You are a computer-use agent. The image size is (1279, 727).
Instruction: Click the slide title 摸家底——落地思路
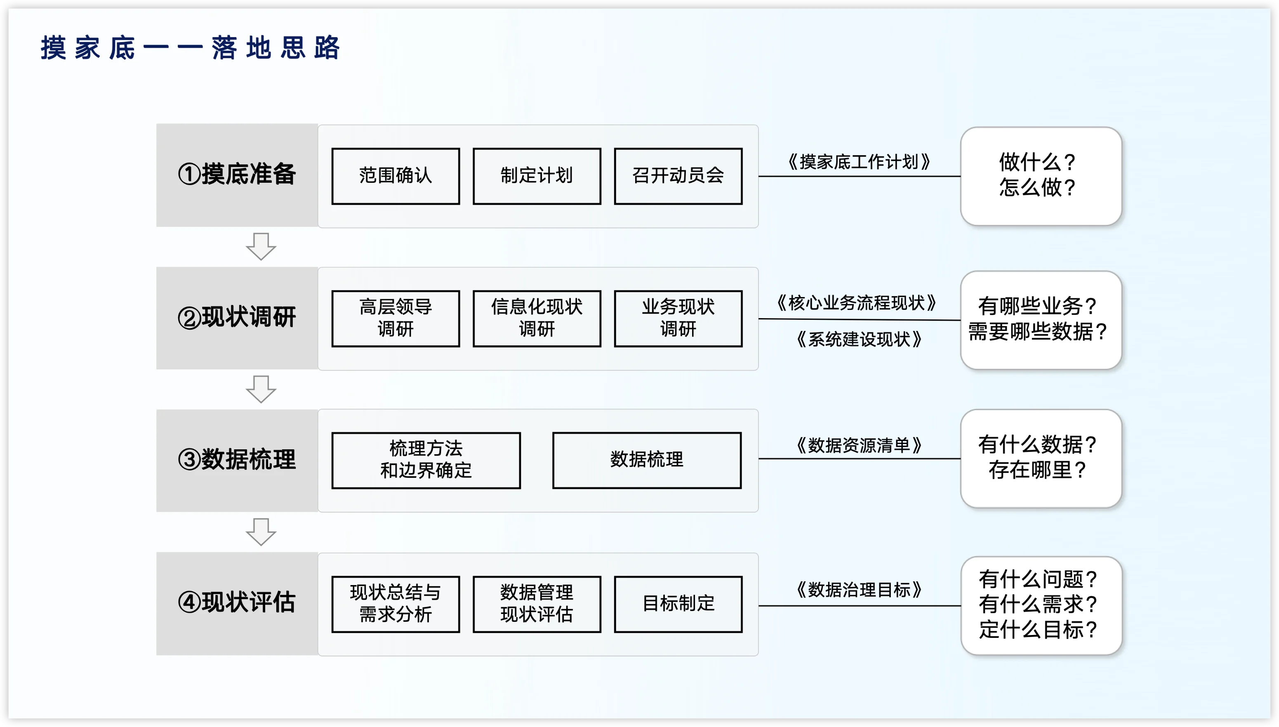tap(190, 48)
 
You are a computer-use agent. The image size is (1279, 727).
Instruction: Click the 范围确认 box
tap(396, 176)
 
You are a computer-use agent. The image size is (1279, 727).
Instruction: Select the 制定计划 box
tap(537, 176)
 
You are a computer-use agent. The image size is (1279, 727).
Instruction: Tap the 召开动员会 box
tap(678, 176)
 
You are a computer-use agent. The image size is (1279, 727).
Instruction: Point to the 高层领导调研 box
tap(396, 318)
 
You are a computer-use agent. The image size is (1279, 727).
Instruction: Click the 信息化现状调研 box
tap(537, 318)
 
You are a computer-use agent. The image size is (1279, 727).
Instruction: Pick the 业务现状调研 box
tap(678, 318)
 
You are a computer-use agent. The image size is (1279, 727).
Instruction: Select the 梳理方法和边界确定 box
tap(426, 460)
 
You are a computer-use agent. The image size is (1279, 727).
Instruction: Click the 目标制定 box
tap(678, 604)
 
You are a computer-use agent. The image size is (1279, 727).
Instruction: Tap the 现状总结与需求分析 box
tap(396, 604)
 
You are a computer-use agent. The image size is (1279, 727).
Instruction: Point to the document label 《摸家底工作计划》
tap(859, 162)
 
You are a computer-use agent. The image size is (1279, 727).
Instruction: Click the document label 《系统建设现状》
tap(859, 340)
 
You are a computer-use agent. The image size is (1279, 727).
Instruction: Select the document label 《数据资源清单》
tap(859, 445)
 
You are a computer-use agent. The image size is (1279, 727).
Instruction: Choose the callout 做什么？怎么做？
tap(1041, 176)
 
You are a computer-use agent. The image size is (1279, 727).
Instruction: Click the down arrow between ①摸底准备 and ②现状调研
tap(261, 246)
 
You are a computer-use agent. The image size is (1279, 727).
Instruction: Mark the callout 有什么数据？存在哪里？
tap(1041, 458)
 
